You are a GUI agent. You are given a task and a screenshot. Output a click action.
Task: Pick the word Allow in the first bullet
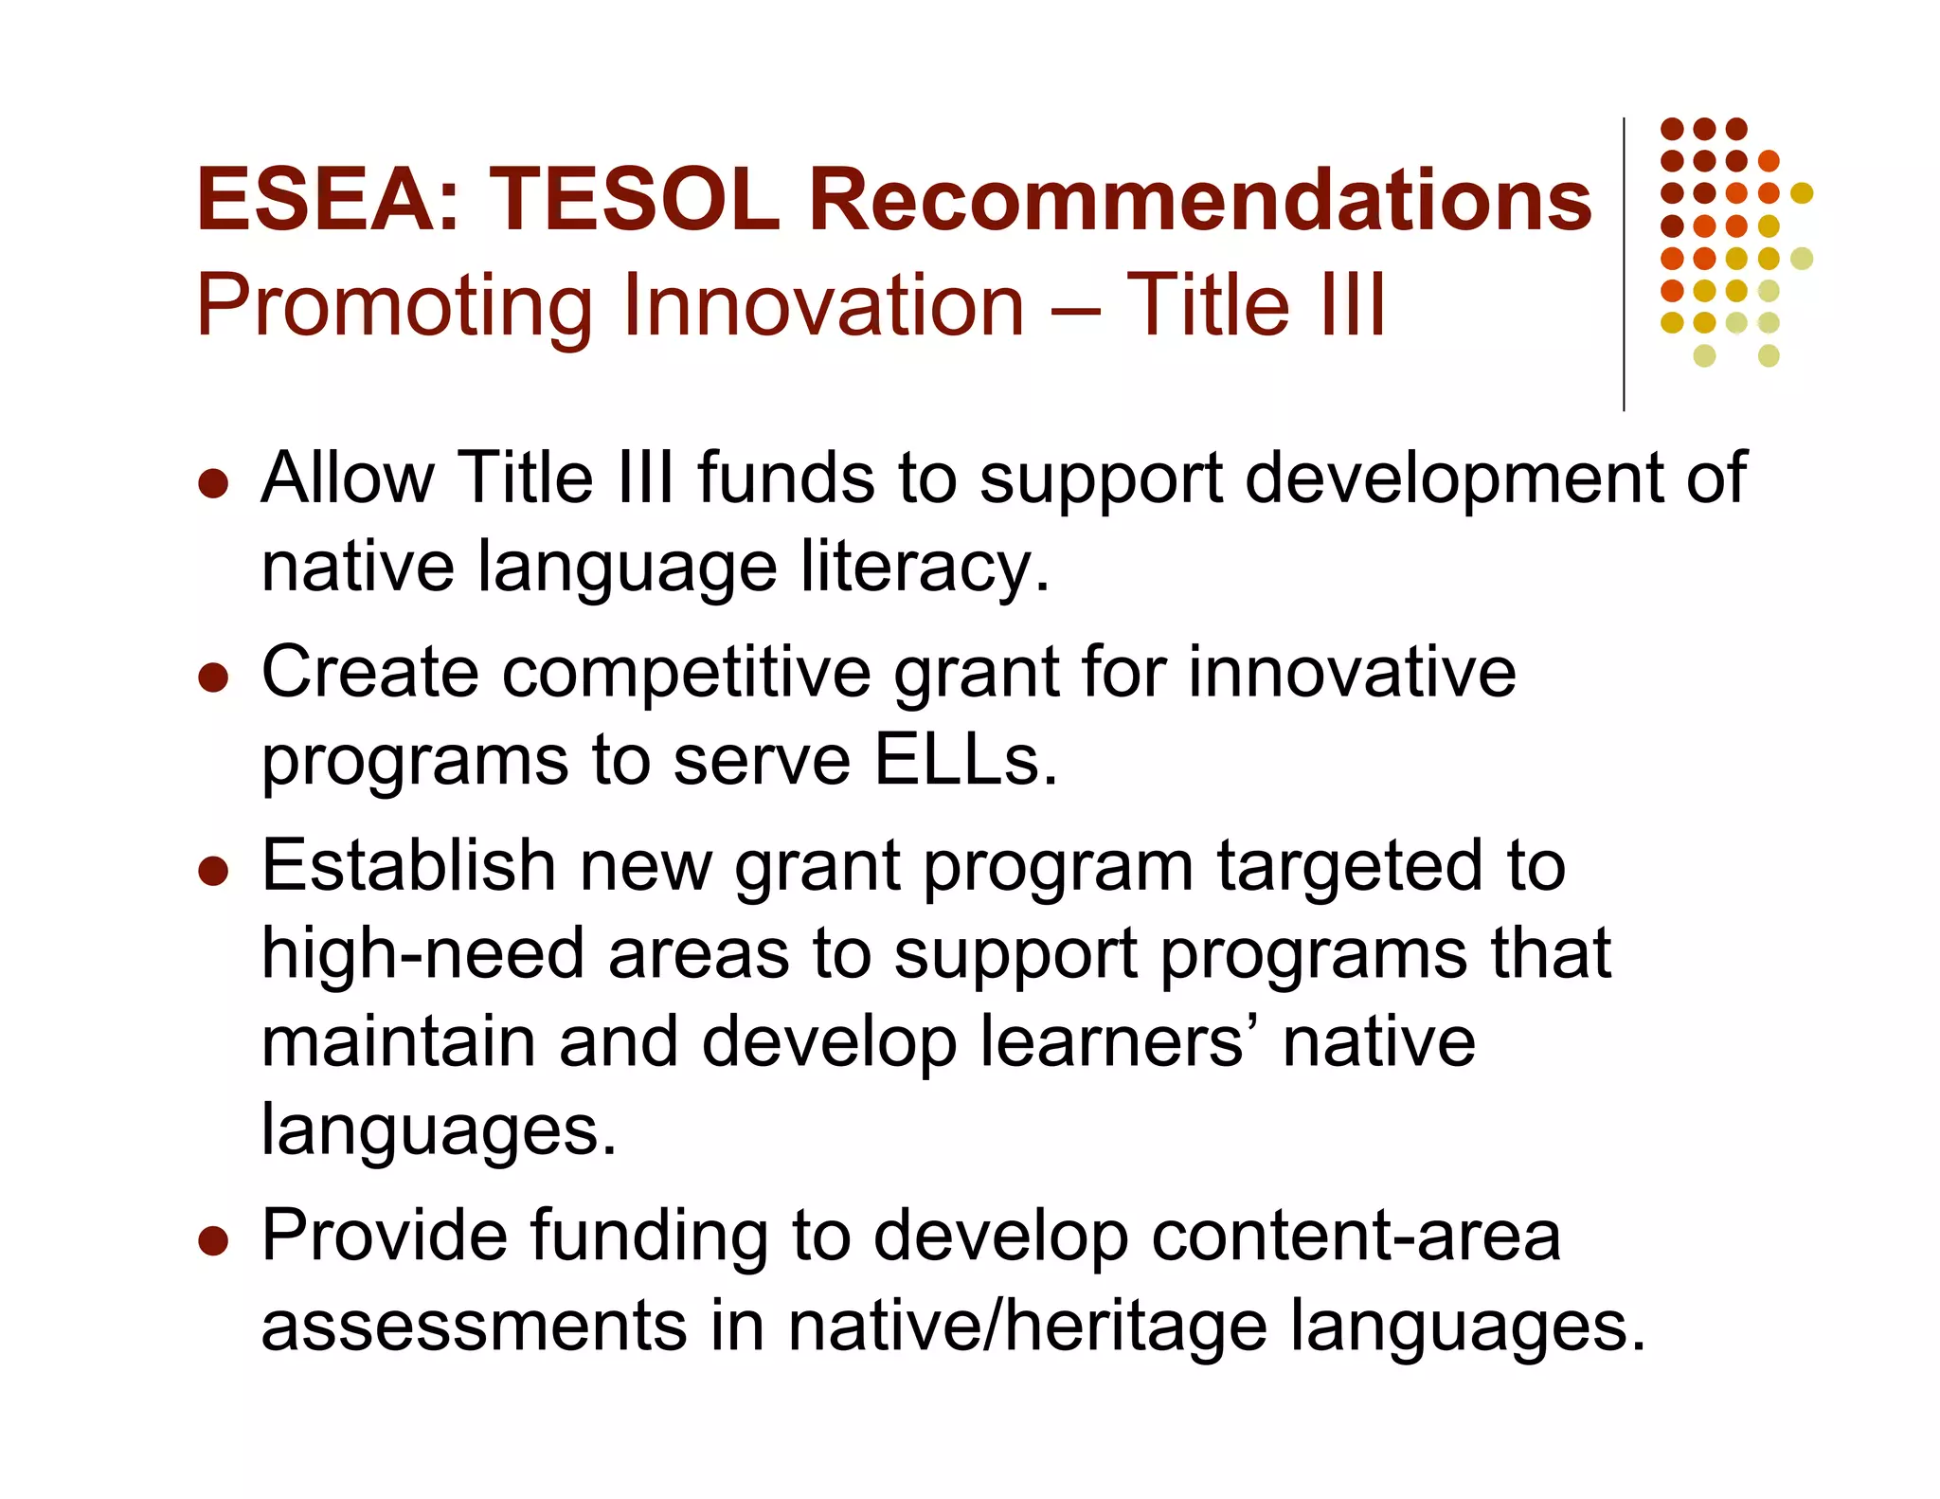(x=348, y=478)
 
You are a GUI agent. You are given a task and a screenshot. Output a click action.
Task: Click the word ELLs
(x=965, y=760)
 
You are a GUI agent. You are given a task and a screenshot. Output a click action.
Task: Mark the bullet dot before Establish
(x=214, y=871)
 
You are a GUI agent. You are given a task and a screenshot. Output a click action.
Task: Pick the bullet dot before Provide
(x=214, y=1240)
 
